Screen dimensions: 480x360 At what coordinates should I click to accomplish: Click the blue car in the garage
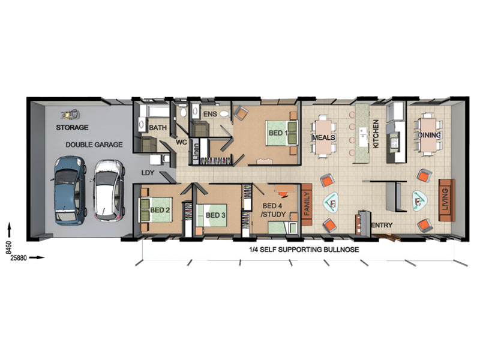[70, 190]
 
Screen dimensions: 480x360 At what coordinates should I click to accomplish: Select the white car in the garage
[109, 190]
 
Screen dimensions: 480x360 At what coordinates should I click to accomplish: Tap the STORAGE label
[72, 127]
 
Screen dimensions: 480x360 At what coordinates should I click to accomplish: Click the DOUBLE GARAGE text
[94, 145]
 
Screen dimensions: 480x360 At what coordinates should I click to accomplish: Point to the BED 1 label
[278, 133]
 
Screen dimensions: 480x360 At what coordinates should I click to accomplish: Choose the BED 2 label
[160, 211]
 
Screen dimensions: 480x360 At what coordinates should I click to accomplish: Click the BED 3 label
[215, 215]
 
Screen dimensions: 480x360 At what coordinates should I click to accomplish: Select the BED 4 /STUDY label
[273, 210]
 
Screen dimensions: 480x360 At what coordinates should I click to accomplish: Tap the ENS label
[210, 114]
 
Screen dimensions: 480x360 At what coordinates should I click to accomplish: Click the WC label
[181, 142]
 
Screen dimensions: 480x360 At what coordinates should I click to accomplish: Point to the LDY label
[148, 173]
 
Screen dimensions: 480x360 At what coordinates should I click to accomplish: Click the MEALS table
[323, 137]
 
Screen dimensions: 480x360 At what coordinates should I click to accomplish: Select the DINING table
[429, 135]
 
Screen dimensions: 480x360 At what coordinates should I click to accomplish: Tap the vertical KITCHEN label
[376, 134]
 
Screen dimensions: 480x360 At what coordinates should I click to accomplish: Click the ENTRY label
[382, 225]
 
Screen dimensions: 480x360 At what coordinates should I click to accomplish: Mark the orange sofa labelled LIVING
[446, 200]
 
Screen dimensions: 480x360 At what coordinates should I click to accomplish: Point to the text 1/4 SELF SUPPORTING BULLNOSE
[304, 250]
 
